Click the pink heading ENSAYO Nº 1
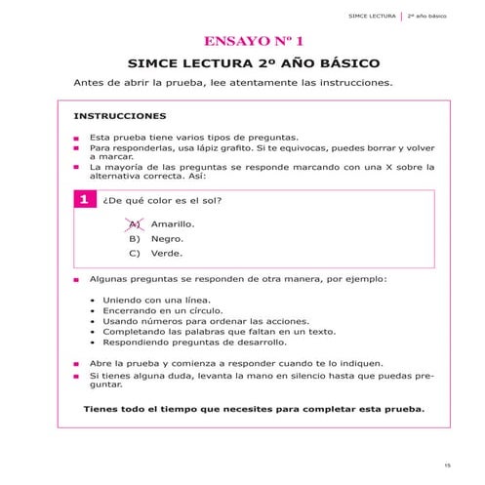tap(254, 42)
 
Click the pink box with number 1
tap(84, 201)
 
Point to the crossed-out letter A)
tap(135, 223)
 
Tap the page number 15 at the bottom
tap(446, 465)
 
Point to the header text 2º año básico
tap(425, 17)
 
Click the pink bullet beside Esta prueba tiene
tap(76, 139)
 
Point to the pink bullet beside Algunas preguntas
tap(76, 279)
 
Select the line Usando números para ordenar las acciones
tap(206, 321)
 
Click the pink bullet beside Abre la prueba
tap(76, 363)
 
